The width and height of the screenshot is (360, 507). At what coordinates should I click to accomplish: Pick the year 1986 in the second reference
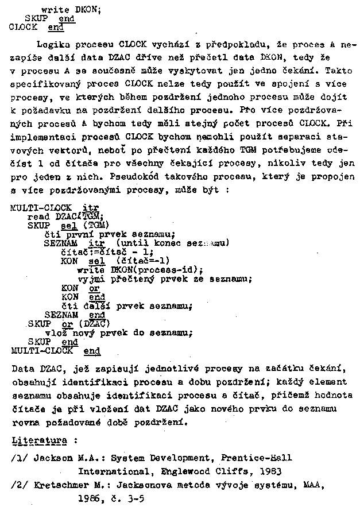click(89, 498)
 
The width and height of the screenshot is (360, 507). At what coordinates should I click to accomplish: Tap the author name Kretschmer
click(60, 485)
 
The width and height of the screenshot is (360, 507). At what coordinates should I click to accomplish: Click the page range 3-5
click(134, 498)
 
